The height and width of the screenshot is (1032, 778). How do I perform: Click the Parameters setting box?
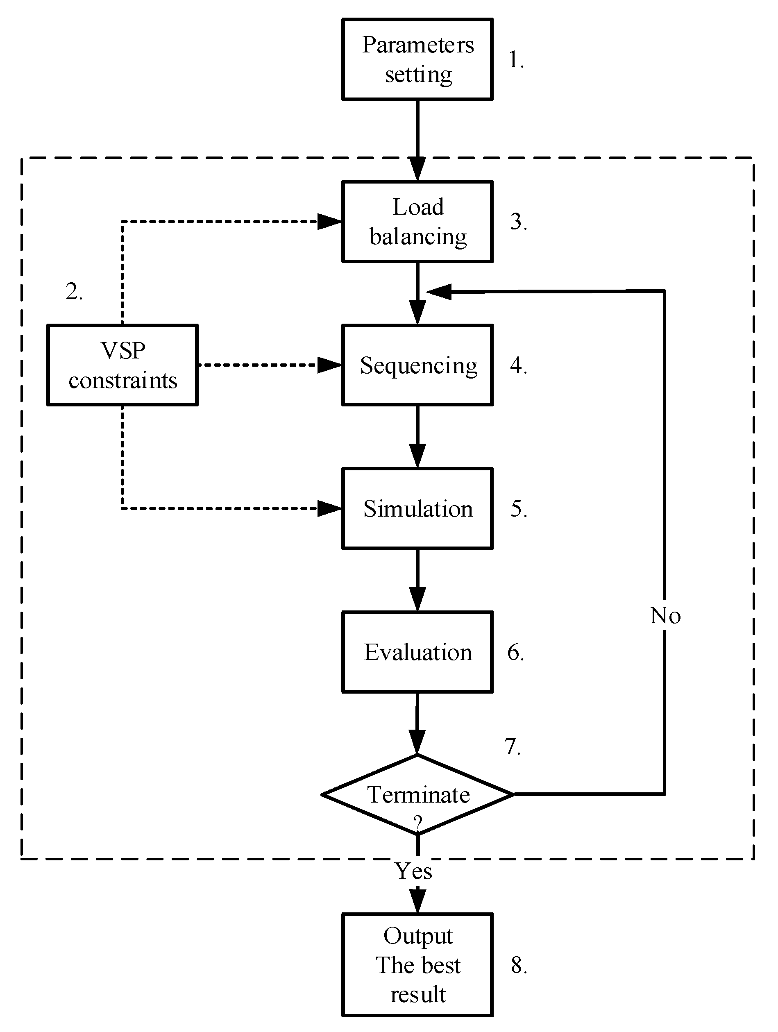click(417, 59)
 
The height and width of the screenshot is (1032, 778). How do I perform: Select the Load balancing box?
click(417, 221)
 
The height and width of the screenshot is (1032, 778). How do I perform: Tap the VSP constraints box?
click(122, 365)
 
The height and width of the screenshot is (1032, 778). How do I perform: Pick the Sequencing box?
click(417, 365)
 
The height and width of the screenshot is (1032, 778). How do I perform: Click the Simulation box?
click(417, 508)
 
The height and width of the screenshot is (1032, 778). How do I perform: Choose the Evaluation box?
click(417, 652)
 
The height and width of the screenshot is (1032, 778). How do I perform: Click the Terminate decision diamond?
click(417, 794)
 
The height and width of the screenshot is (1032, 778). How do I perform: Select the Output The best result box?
click(417, 965)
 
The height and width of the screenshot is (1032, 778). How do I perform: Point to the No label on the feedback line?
click(665, 616)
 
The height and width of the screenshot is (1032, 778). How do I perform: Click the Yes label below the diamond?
click(413, 871)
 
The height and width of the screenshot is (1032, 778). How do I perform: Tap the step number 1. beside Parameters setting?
click(516, 60)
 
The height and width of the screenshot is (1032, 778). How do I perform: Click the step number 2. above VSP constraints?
click(74, 292)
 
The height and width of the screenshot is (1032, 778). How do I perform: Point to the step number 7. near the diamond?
click(512, 746)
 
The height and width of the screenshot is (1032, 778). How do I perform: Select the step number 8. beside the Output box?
click(519, 965)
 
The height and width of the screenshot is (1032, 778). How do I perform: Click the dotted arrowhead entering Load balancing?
click(329, 221)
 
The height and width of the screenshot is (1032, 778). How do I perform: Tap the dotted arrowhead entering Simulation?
click(329, 508)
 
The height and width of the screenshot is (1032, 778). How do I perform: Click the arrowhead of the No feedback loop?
click(438, 292)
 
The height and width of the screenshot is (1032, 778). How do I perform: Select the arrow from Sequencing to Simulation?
click(417, 436)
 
